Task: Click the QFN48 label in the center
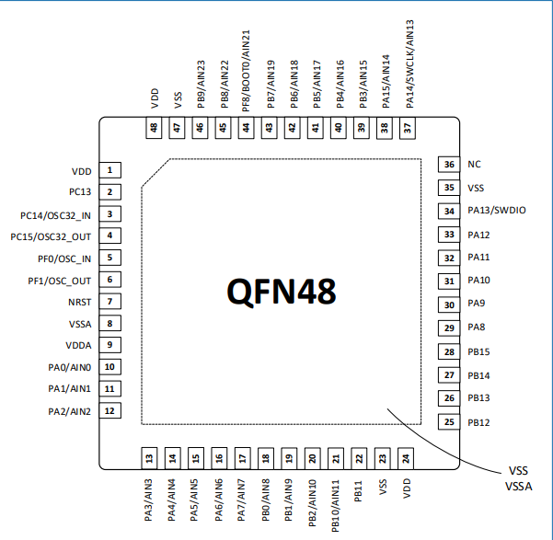coord(282,292)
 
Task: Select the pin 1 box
coord(109,170)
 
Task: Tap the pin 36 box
coord(449,165)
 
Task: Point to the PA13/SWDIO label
coord(497,212)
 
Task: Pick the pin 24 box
coord(407,456)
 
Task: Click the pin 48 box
coord(154,129)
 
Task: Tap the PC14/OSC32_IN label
coord(56,215)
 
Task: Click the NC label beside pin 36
coord(474,165)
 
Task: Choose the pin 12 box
coord(109,410)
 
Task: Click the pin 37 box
coord(408,129)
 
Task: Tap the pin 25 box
coord(449,422)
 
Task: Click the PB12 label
coord(478,422)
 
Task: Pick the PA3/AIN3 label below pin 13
coord(149,501)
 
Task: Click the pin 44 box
coord(245,129)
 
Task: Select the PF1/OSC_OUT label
coord(60,281)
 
